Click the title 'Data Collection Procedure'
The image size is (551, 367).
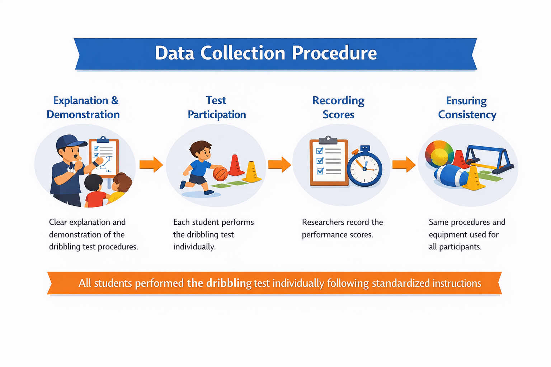pos(266,53)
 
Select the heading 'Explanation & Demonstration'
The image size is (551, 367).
pos(84,108)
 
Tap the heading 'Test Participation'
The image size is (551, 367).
pos(217,108)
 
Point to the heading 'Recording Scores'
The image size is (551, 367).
pos(338,108)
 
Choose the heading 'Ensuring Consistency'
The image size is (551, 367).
pos(467,108)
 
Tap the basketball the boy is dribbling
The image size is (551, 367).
pos(220,174)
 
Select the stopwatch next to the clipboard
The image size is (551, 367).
pos(364,168)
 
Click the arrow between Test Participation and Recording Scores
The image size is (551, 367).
pos(279,165)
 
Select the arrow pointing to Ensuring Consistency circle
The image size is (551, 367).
pos(404,165)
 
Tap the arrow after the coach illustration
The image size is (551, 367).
pos(151,165)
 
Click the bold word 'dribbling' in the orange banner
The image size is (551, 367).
pos(229,283)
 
